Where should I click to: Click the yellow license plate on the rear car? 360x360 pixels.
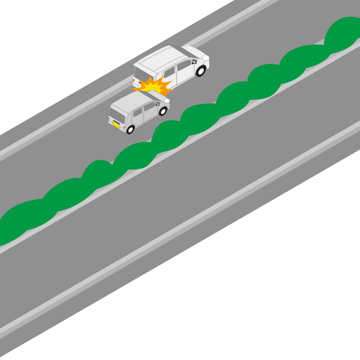(x=116, y=125)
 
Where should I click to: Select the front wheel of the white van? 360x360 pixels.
(x=201, y=71)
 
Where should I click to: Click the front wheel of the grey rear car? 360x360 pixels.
(x=163, y=111)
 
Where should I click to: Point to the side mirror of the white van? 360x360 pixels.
(x=194, y=62)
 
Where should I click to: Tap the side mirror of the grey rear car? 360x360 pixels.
(x=157, y=104)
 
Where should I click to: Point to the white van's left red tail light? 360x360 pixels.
(x=134, y=80)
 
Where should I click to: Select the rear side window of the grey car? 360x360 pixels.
(x=138, y=112)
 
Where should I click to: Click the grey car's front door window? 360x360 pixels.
(x=149, y=107)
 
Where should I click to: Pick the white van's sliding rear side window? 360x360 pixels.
(x=169, y=72)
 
